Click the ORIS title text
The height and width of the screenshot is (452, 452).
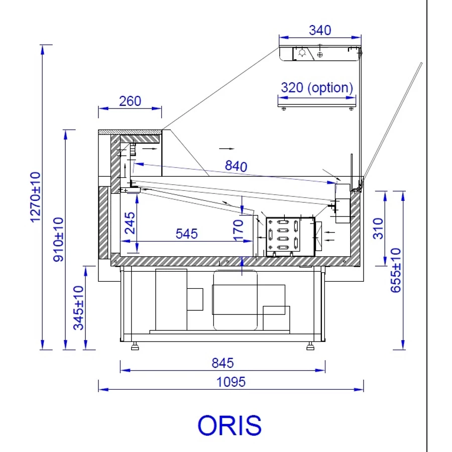[230, 425]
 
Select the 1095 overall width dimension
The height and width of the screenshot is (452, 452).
[231, 382]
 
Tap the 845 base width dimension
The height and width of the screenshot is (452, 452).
[222, 363]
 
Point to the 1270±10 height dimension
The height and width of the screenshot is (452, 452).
[36, 197]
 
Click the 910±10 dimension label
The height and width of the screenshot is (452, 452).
[58, 240]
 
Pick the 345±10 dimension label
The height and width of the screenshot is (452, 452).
[78, 307]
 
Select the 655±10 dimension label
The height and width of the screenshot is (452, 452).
[396, 270]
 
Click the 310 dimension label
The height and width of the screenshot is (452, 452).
[378, 229]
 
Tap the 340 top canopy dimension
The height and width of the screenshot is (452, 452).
[320, 30]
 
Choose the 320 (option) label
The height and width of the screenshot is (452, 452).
[317, 87]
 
